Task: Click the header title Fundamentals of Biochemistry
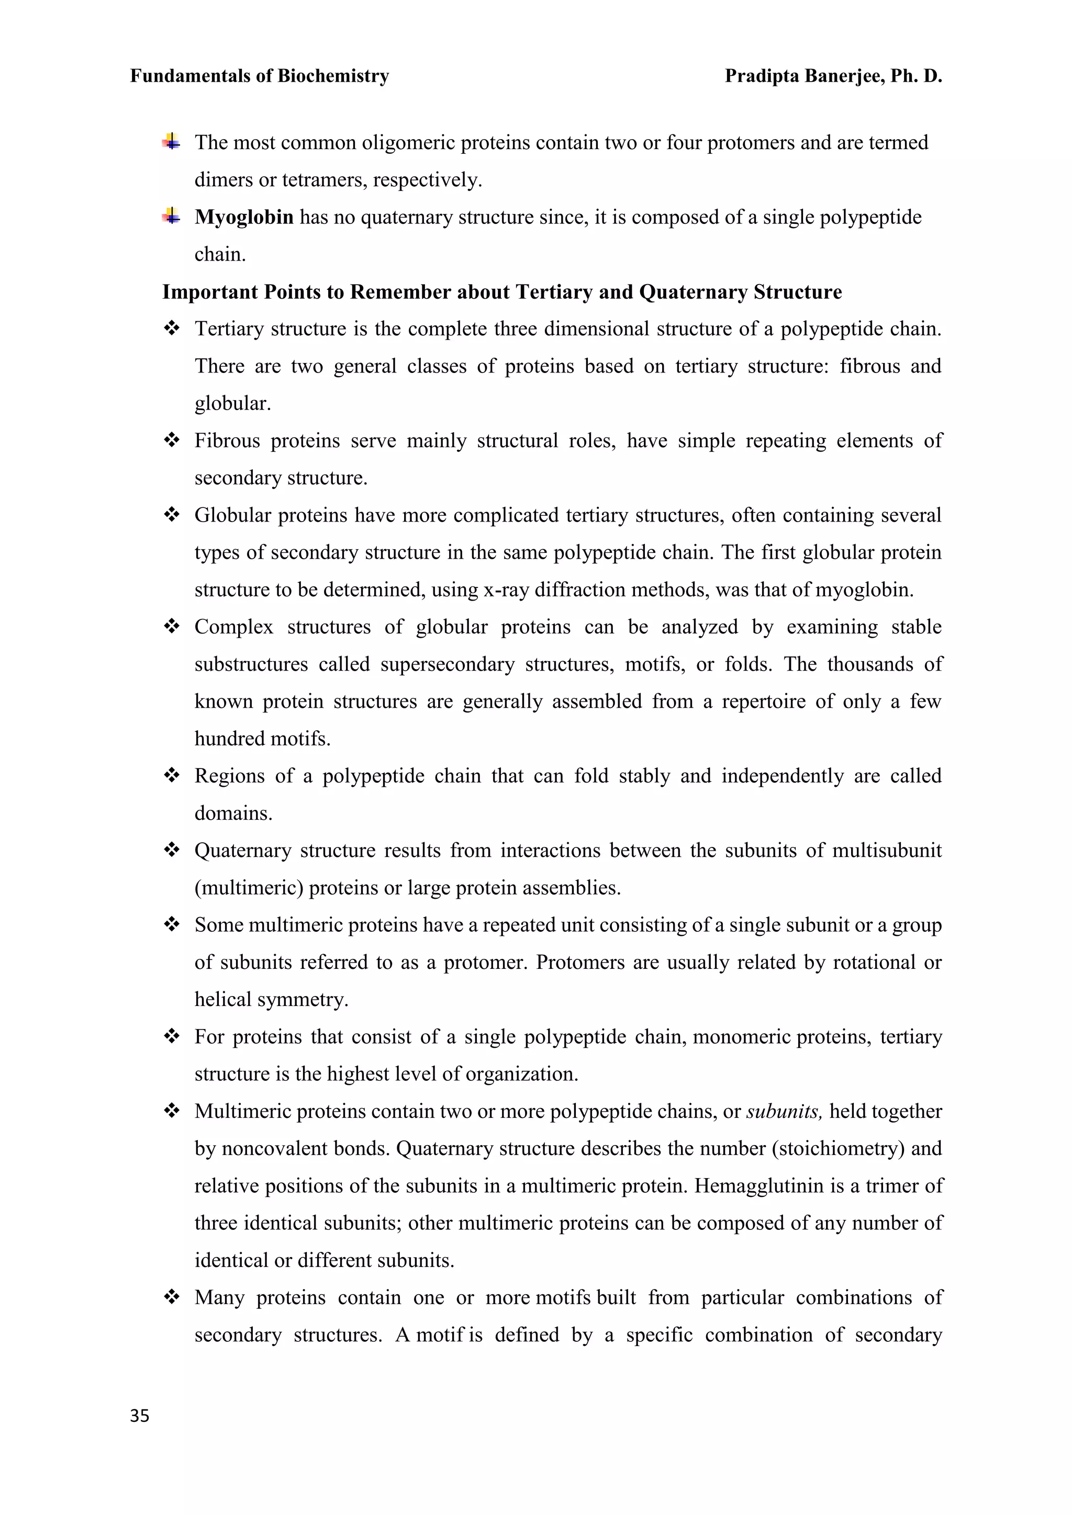click(x=260, y=76)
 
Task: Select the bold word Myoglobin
click(x=243, y=217)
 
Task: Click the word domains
click(x=232, y=813)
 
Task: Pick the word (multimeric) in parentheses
click(x=249, y=888)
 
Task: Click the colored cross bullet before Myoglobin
click(x=172, y=216)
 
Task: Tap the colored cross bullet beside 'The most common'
click(x=172, y=141)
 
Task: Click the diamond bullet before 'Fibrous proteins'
click(x=172, y=440)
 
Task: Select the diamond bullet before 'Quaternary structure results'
click(x=172, y=850)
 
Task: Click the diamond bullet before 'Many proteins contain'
click(x=172, y=1297)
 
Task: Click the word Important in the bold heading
click(x=210, y=292)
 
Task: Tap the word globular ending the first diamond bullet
click(x=232, y=404)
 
